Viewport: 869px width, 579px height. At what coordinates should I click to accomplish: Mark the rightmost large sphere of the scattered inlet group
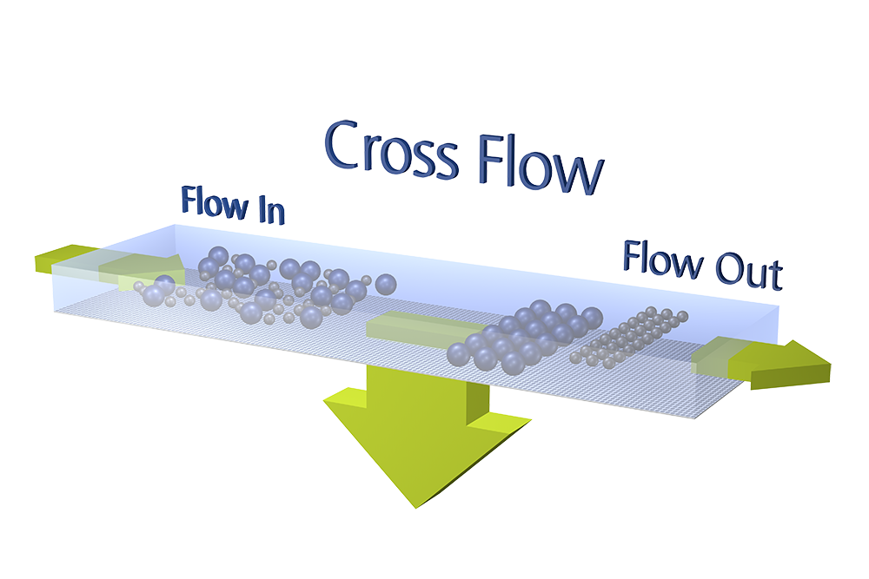pos(386,283)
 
